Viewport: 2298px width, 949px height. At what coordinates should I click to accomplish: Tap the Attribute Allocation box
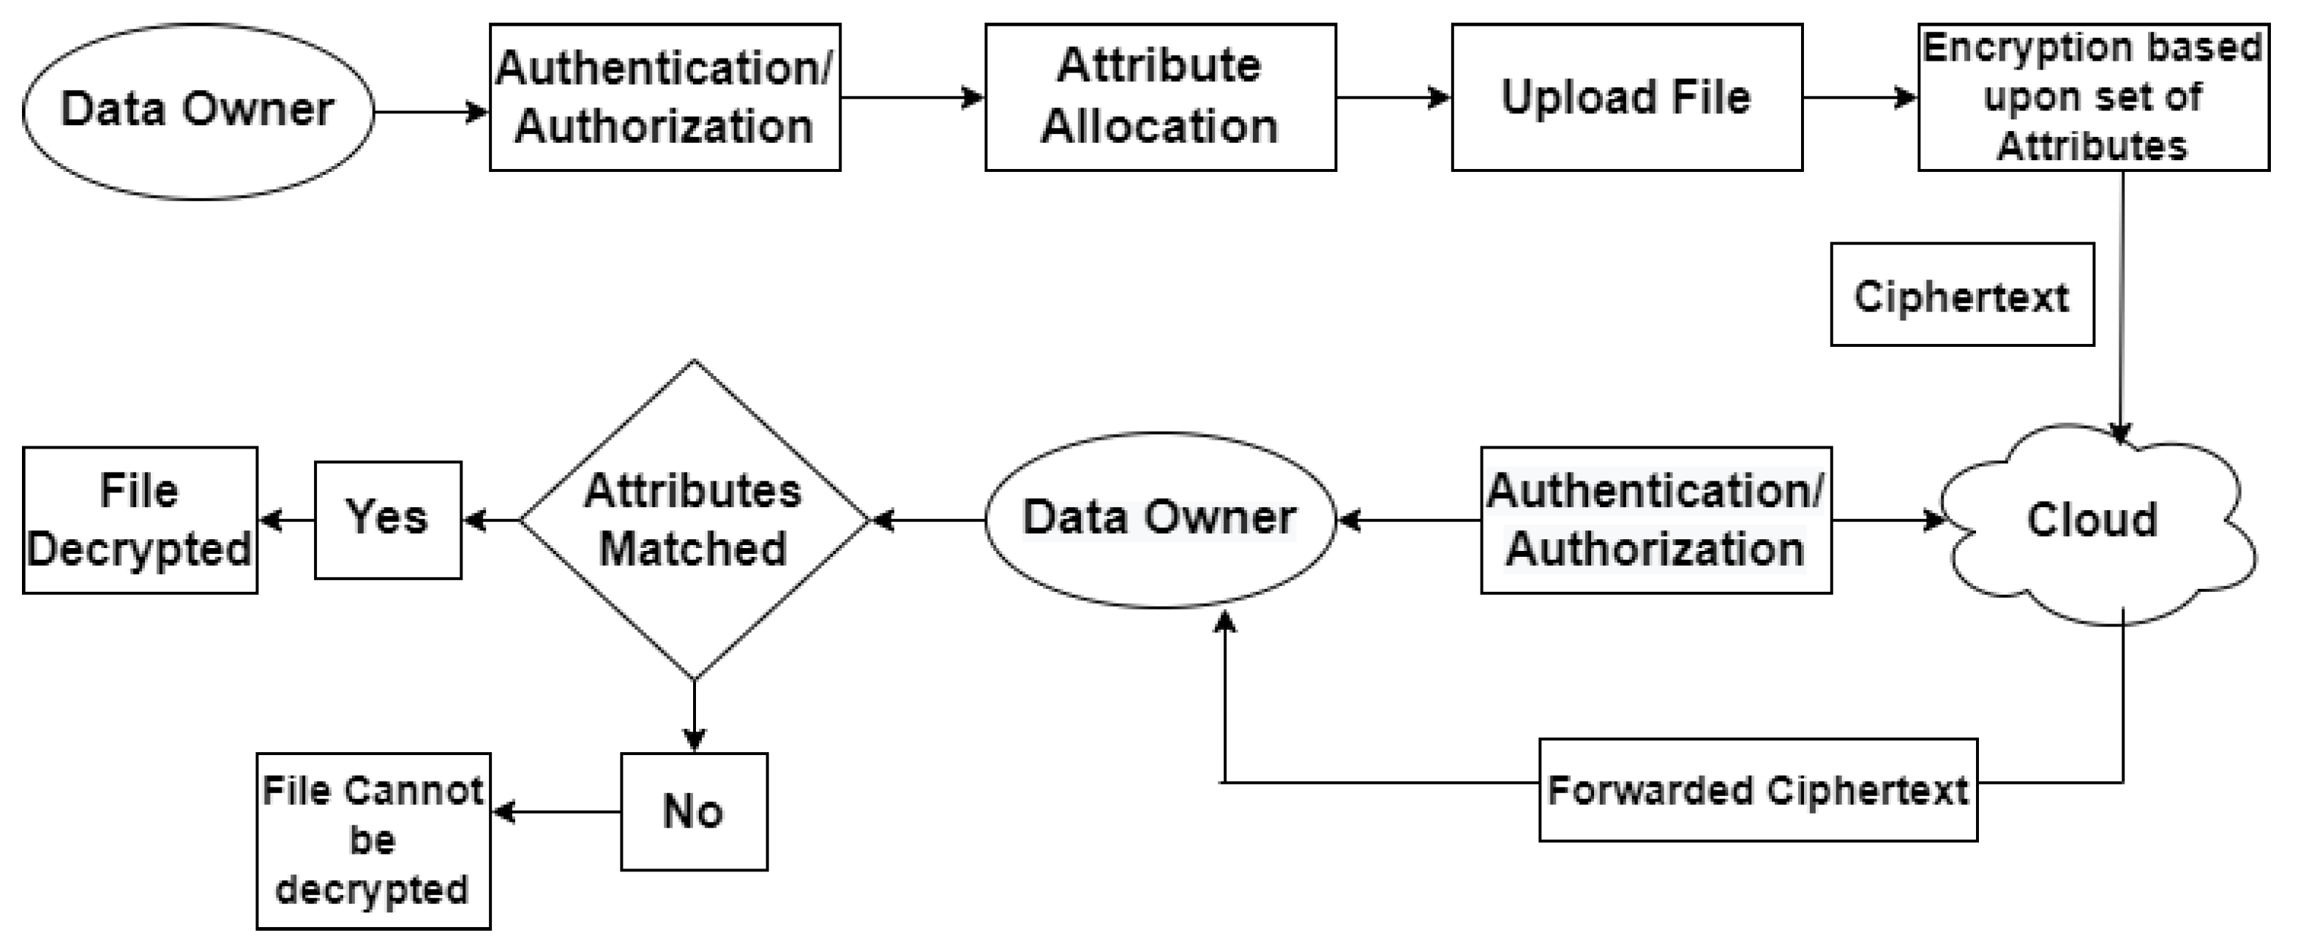[x=1160, y=97]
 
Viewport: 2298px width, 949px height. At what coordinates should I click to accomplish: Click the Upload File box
[x=1626, y=97]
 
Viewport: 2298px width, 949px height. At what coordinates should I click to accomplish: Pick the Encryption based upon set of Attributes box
[x=2093, y=97]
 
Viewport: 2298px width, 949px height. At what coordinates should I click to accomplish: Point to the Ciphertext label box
[x=1961, y=294]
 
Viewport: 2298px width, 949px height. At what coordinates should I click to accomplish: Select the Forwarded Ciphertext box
[x=1757, y=790]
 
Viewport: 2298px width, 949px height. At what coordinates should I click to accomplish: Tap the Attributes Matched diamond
[x=694, y=520]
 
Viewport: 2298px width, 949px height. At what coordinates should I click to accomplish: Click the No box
[x=694, y=811]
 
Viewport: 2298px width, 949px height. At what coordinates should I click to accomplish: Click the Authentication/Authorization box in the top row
[x=665, y=97]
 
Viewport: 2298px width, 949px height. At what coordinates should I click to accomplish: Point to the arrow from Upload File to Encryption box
[x=1859, y=97]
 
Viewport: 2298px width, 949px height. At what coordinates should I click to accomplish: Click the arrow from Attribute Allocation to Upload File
[x=1393, y=97]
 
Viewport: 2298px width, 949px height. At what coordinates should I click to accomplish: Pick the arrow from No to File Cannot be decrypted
[x=557, y=811]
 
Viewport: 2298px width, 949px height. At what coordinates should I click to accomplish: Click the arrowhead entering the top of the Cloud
[x=2120, y=432]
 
